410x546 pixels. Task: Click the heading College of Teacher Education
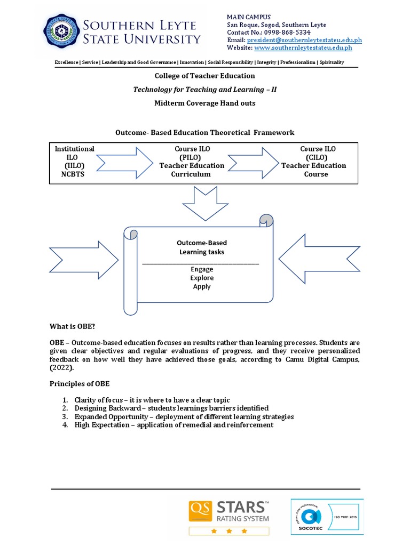click(204, 76)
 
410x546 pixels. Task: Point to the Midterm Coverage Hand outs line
click(204, 103)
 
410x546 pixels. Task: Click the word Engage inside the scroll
click(201, 269)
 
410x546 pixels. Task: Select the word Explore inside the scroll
click(202, 278)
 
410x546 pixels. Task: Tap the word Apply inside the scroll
click(202, 286)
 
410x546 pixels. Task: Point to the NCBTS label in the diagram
click(74, 174)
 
